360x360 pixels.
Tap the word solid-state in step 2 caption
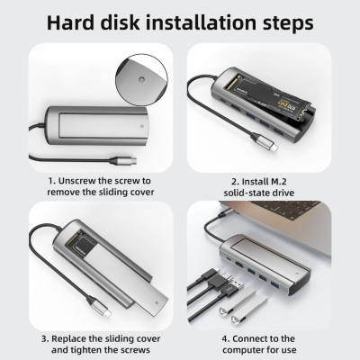pos(244,193)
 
